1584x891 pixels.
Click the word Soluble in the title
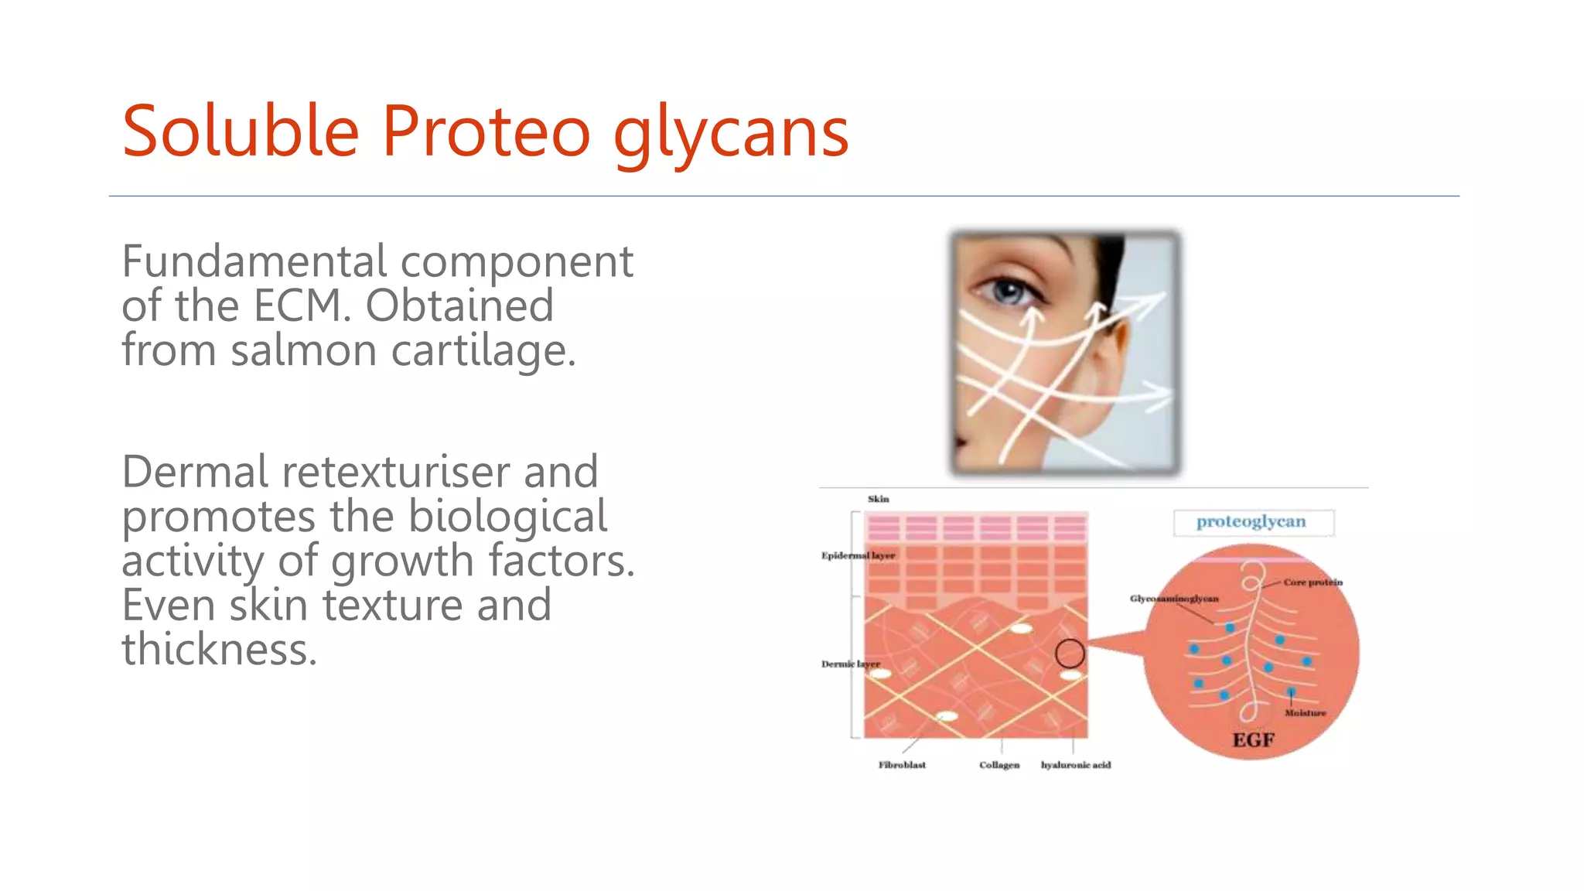(241, 131)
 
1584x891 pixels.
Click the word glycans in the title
(731, 133)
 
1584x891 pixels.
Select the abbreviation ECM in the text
(297, 306)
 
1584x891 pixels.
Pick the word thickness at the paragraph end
(219, 650)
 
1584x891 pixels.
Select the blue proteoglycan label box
(1252, 522)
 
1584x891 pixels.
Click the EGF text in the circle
(1253, 740)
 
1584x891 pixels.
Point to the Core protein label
(1313, 582)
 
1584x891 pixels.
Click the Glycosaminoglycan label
(1173, 599)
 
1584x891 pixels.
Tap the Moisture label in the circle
(1305, 713)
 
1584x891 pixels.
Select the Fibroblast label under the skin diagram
(902, 765)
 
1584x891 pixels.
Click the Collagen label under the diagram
(999, 765)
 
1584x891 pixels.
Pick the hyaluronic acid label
(1075, 765)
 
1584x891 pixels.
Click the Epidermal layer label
(858, 555)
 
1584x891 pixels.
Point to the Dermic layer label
(850, 664)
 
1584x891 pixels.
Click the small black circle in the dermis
(1070, 654)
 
